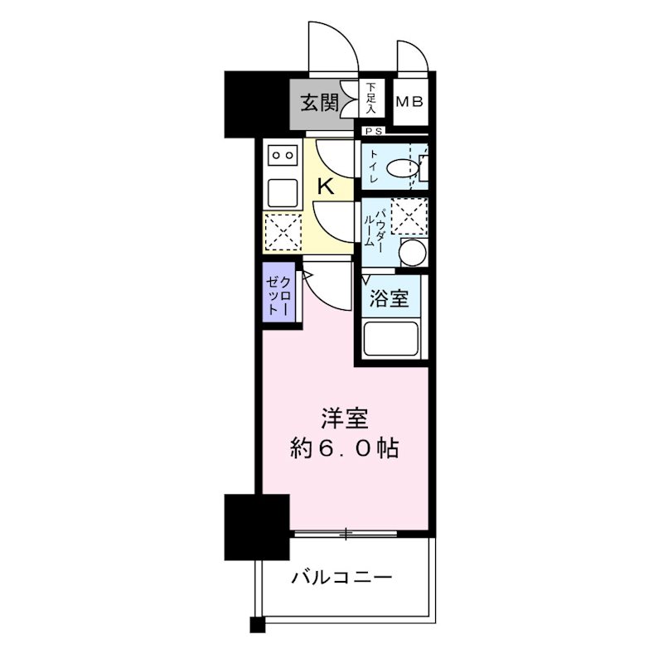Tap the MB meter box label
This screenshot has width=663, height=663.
click(409, 103)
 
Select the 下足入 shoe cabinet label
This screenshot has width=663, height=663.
click(371, 98)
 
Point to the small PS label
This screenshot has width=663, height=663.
click(370, 131)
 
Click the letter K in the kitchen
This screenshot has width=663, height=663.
click(326, 186)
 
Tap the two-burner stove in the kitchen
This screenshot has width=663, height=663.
click(283, 154)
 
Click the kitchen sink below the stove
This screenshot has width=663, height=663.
click(283, 192)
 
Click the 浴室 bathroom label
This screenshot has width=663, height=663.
click(389, 298)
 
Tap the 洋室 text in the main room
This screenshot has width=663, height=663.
click(345, 419)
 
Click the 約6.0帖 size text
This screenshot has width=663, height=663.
click(345, 448)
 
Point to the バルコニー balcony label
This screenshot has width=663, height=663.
click(341, 578)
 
